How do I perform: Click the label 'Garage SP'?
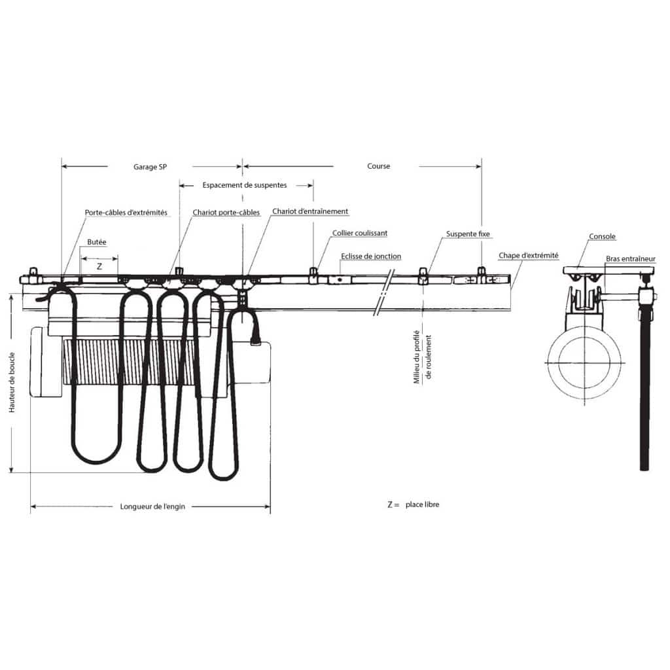pos(150,167)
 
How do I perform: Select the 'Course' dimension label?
pos(379,166)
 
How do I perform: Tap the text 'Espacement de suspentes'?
pos(245,185)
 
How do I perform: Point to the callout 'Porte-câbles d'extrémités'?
pos(126,213)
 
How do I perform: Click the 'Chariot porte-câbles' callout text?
pos(226,213)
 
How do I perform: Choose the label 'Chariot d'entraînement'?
pos(310,211)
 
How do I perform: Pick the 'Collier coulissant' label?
pos(360,233)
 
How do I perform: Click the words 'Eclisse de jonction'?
pos(371,256)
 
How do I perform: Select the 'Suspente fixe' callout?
pos(468,234)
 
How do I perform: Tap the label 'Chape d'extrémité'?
pos(529,256)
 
